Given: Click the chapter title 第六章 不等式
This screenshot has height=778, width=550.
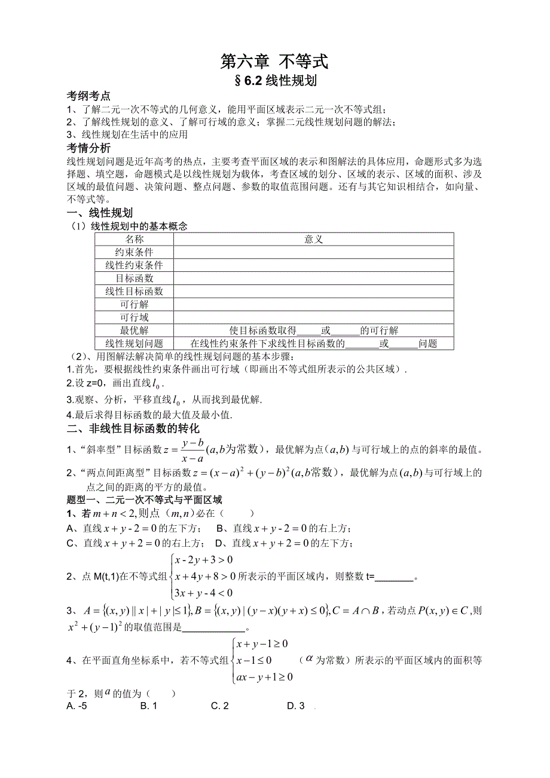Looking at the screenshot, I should click(x=274, y=61).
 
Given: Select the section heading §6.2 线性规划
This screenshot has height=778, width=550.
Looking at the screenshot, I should click(x=274, y=81).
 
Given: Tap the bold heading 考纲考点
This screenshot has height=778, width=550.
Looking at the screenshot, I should click(x=88, y=96).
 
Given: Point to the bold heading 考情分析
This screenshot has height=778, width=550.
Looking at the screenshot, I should click(x=88, y=148).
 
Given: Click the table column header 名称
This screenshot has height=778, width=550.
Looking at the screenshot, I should click(x=135, y=239).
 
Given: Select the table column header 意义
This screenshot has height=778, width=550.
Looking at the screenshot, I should click(x=313, y=239).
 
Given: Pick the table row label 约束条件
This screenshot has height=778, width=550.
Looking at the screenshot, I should click(x=135, y=252).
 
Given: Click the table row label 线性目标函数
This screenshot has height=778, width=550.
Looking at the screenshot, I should click(x=135, y=291).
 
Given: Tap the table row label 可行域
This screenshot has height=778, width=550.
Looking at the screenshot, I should click(x=135, y=317).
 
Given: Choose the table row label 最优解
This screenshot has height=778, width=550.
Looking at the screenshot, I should click(x=135, y=330).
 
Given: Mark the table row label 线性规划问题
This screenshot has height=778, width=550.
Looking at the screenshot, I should click(x=135, y=344).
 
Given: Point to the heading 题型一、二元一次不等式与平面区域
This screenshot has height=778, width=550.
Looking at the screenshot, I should click(x=144, y=500).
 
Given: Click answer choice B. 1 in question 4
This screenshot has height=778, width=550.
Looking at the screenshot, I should click(x=148, y=706).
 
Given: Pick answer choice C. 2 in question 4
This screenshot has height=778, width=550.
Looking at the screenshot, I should click(x=220, y=706).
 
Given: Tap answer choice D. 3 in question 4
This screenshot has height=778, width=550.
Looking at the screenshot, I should click(x=296, y=706).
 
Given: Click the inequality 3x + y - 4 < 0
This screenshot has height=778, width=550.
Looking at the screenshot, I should click(x=203, y=593).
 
